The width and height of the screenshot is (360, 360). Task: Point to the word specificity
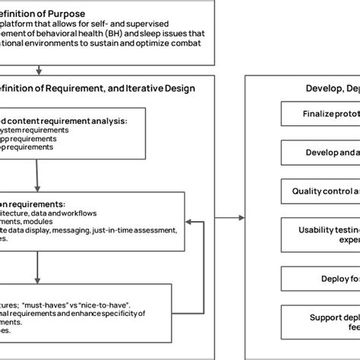[x=130, y=311]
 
